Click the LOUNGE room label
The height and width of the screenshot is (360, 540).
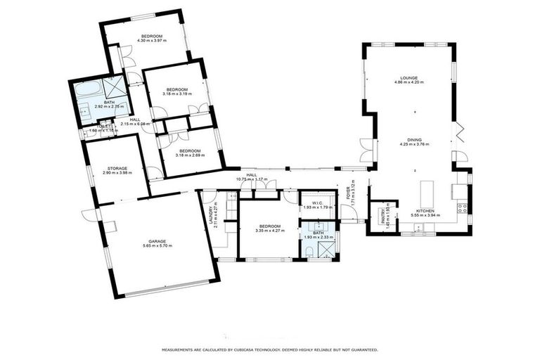point(409,78)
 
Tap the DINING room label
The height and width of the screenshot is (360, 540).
point(414,140)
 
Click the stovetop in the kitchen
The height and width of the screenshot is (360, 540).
point(461,207)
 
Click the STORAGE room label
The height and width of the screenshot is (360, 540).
point(117,168)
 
